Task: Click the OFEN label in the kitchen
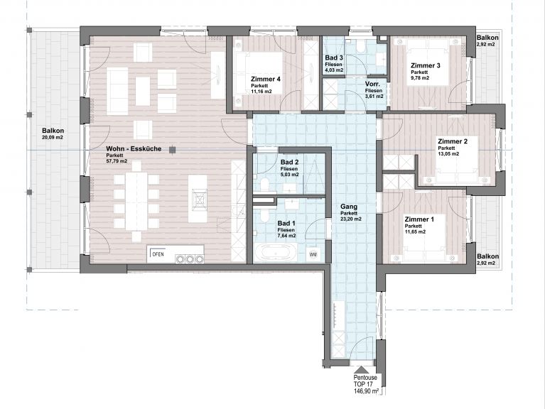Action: (158, 253)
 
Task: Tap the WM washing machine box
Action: (313, 254)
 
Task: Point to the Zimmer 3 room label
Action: (426, 66)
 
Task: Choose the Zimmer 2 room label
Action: (453, 141)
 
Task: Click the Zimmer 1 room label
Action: (419, 219)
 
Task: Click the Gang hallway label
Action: (348, 207)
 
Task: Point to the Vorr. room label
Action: (373, 84)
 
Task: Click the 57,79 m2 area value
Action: (117, 162)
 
